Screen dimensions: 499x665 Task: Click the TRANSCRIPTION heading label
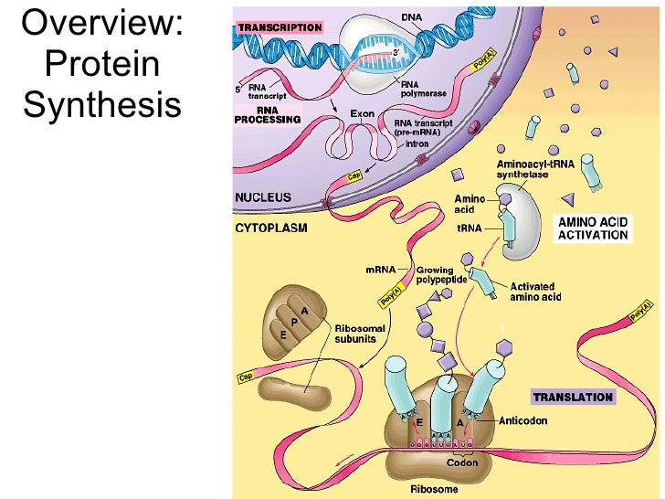tap(280, 27)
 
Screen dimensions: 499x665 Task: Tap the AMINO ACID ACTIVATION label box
tap(594, 228)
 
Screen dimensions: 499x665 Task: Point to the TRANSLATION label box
tap(573, 398)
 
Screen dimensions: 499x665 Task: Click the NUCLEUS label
tap(263, 196)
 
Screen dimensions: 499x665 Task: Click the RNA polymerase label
tap(423, 90)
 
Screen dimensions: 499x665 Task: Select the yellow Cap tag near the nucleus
tap(354, 176)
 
